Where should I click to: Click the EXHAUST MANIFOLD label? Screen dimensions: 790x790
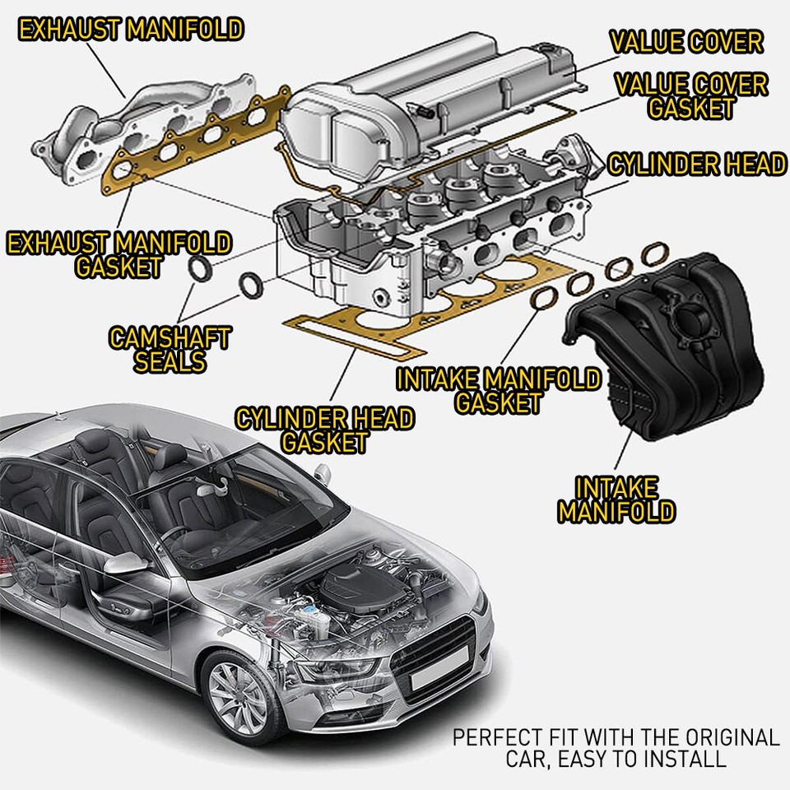click(x=132, y=30)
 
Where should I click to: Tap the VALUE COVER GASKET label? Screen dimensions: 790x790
click(x=691, y=95)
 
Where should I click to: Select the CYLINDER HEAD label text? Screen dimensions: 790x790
click(x=696, y=165)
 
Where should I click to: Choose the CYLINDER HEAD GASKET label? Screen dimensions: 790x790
click(x=324, y=430)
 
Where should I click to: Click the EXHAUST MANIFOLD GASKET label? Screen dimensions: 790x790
click(x=118, y=254)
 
